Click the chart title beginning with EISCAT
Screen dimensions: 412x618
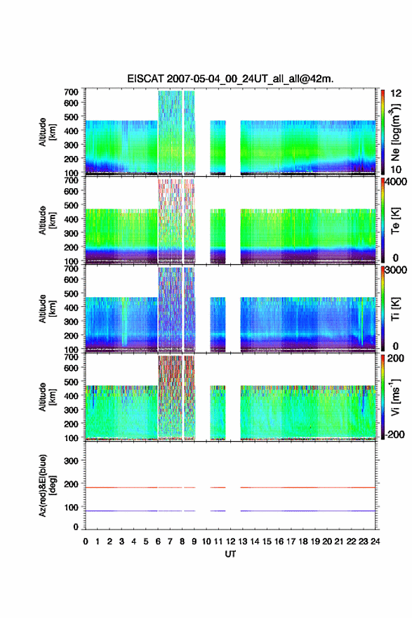(230, 79)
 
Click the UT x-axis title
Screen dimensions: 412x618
(230, 554)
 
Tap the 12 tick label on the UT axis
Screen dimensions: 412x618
(230, 541)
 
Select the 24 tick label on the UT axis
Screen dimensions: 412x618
(376, 541)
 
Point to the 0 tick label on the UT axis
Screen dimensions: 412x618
(86, 541)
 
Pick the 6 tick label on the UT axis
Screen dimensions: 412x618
(158, 541)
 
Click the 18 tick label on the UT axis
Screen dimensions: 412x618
(303, 541)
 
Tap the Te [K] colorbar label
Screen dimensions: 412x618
(395, 221)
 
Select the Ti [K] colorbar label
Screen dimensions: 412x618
(395, 309)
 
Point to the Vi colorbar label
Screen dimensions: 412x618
(395, 397)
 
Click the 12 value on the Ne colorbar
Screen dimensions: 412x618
(396, 93)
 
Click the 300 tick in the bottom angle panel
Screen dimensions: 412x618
(71, 461)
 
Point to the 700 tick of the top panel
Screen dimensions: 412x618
(71, 92)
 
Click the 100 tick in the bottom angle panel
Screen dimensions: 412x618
(71, 507)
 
